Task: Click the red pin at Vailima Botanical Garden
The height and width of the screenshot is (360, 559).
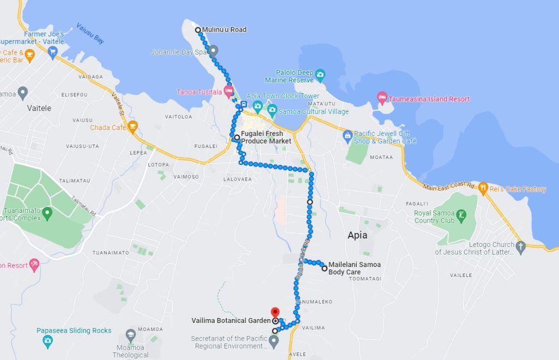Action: coord(275,312)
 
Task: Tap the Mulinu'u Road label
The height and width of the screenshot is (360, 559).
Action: coord(224,29)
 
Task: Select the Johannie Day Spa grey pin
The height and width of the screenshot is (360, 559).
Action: coord(213,51)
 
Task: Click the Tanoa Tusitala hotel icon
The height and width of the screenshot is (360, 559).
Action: coord(228,91)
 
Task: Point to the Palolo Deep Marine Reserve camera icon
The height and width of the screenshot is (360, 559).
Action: coord(320,74)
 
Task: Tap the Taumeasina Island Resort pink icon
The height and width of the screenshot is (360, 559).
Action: coord(382,98)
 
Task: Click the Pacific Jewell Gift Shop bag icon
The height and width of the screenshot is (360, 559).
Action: coord(347,135)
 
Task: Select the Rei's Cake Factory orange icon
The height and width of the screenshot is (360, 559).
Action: coord(483,188)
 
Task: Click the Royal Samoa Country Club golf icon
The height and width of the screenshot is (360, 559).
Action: coord(462,214)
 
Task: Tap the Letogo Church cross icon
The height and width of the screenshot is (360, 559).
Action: coord(520,246)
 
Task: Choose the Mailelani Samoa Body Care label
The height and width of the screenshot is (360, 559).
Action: coord(354,268)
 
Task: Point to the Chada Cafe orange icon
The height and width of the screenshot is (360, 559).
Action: coord(132,127)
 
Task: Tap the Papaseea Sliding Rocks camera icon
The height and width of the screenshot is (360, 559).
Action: coord(47,341)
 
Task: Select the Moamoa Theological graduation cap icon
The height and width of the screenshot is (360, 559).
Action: coord(130,334)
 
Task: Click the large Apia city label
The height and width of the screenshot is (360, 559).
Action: coord(357,235)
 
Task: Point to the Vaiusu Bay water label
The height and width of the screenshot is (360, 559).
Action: coord(90,33)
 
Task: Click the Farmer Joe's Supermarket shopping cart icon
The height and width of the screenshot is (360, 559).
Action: coord(53,52)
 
